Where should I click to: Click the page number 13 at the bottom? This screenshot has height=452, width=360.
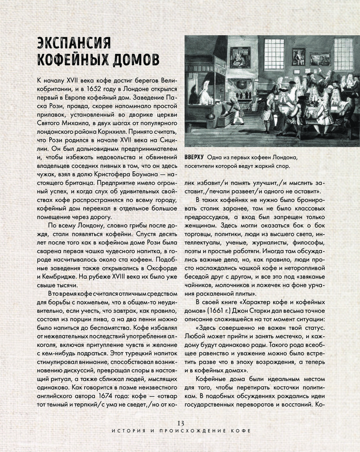(x=180, y=423)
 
